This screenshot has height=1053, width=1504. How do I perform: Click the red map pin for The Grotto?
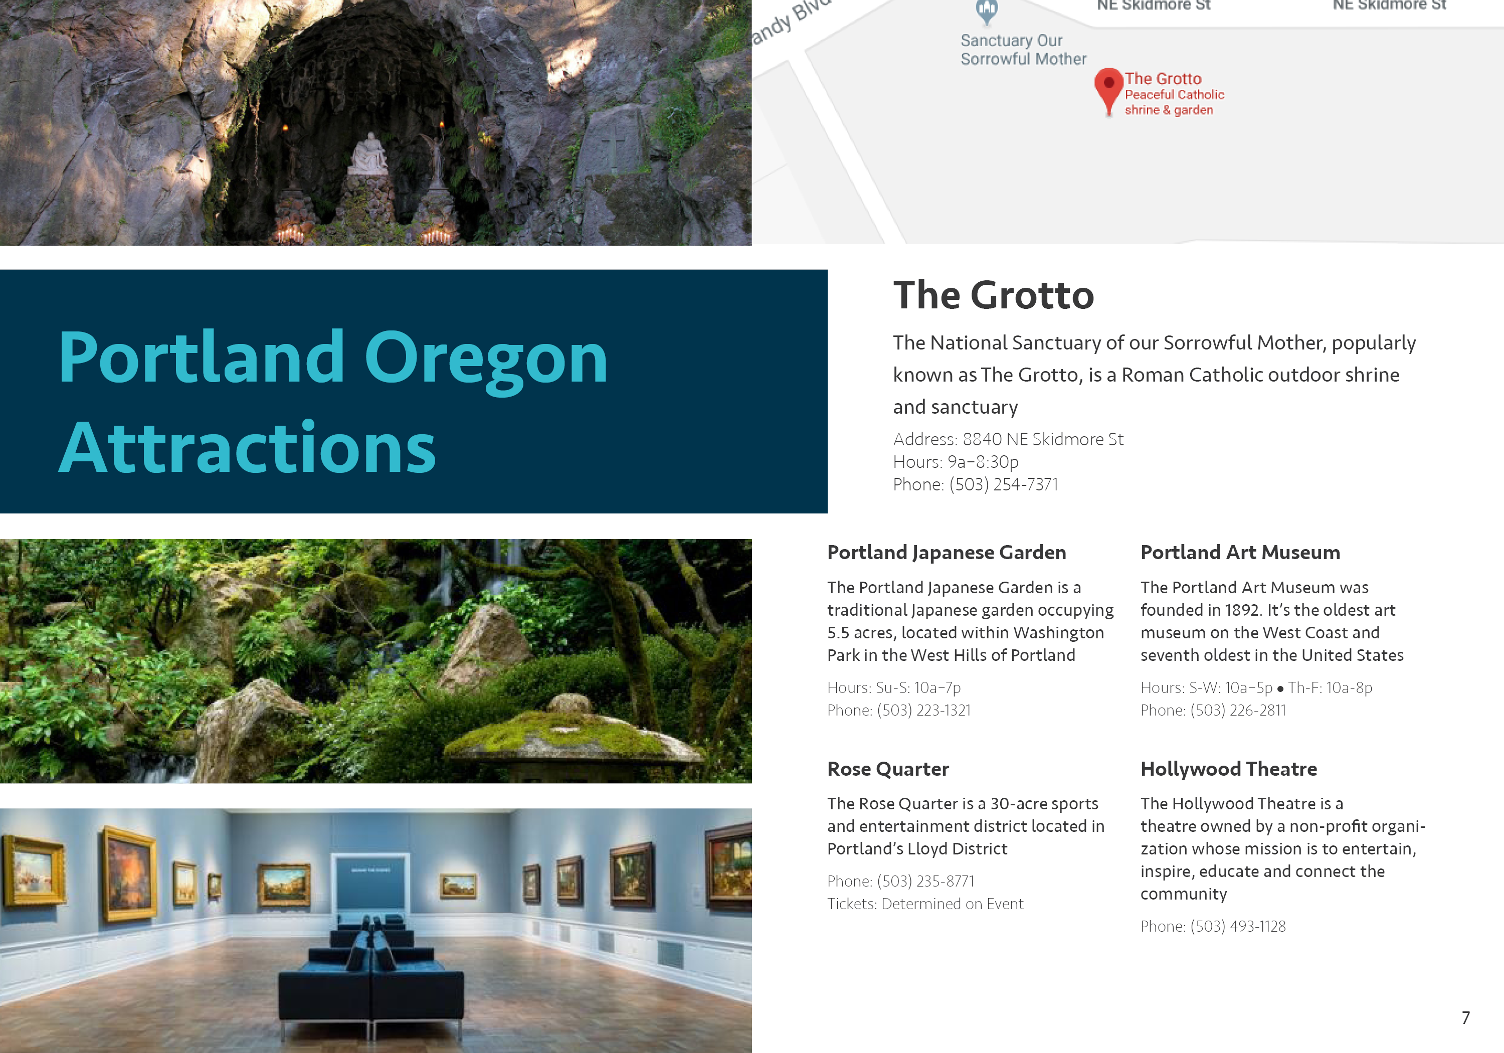(x=1109, y=90)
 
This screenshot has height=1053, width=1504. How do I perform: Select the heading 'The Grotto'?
(x=993, y=295)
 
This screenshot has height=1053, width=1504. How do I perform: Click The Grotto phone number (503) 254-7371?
(x=1004, y=484)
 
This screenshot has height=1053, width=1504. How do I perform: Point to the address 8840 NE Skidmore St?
(x=1043, y=439)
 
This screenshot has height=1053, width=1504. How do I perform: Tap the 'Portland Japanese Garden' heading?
(x=947, y=553)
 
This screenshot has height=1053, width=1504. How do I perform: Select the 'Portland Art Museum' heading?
(x=1240, y=553)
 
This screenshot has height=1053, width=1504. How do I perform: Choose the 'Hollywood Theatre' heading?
(x=1228, y=769)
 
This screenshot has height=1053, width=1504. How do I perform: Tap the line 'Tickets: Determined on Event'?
(x=925, y=904)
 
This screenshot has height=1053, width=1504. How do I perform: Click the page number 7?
(x=1465, y=1017)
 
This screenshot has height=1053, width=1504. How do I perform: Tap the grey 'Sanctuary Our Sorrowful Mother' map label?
(x=1023, y=50)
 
